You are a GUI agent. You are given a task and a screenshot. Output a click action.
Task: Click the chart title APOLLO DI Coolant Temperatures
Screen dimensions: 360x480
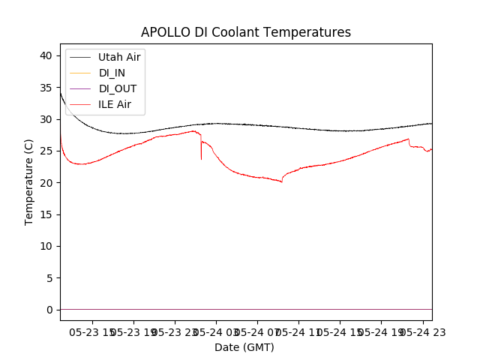click(x=246, y=33)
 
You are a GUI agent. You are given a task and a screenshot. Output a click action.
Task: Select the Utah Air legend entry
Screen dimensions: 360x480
click(x=118, y=57)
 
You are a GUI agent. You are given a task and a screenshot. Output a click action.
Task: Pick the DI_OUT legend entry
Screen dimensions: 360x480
click(x=118, y=88)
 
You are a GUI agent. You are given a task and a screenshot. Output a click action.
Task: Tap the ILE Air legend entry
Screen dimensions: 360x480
click(x=115, y=104)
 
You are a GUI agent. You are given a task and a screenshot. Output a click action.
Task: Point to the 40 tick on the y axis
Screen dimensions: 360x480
click(x=45, y=55)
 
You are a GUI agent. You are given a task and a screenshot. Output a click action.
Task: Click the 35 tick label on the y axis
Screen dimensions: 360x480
click(x=45, y=88)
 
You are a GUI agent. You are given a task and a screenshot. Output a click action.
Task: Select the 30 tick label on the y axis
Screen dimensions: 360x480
click(x=45, y=119)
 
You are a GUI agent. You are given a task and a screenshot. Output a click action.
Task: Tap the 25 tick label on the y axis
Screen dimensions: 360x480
click(x=45, y=151)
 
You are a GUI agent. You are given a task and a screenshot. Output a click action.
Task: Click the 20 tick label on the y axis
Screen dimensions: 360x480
click(x=45, y=183)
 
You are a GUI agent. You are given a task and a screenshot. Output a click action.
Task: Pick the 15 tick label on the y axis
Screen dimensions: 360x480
click(x=45, y=214)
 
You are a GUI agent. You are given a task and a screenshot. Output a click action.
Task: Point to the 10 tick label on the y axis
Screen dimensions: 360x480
click(x=45, y=246)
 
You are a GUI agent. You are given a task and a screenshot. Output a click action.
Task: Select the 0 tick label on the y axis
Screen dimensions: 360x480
click(x=48, y=310)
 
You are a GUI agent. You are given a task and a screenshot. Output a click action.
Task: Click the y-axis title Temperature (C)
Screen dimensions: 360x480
click(x=29, y=181)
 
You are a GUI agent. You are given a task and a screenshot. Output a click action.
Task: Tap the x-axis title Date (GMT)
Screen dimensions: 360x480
click(x=244, y=347)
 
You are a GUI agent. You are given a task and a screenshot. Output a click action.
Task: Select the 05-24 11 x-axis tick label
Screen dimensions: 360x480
click(x=299, y=331)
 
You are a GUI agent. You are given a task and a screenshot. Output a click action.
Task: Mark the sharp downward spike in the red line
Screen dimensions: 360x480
click(x=201, y=157)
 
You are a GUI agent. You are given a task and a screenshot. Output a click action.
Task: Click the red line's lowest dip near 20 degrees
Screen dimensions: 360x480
click(x=282, y=182)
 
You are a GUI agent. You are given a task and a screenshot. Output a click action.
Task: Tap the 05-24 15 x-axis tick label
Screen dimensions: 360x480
click(x=340, y=331)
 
